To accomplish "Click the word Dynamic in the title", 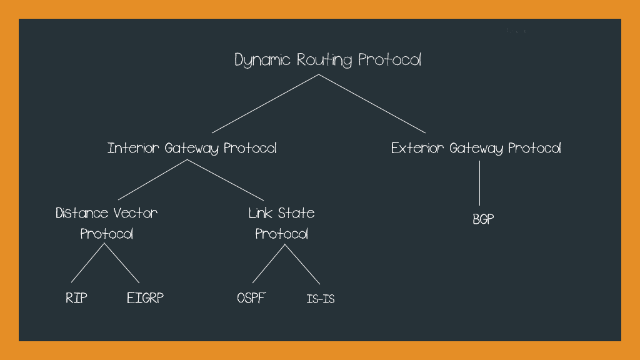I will [x=262, y=61].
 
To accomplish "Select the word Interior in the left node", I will [x=133, y=149].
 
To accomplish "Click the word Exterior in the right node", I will [x=417, y=149].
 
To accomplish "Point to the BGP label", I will [x=484, y=220].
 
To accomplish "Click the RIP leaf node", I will [x=76, y=298].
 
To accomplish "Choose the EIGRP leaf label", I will [x=145, y=298].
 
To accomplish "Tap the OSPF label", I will [x=251, y=298].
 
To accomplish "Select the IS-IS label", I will [x=321, y=299].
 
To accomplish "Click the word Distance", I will [x=82, y=213].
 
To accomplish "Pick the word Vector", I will [x=136, y=213].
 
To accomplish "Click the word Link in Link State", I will [x=261, y=213].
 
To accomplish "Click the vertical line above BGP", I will [x=479, y=183].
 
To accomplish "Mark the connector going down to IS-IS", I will [x=302, y=264].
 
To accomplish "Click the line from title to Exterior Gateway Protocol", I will [x=372, y=104].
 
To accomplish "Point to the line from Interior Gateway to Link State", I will [x=226, y=180].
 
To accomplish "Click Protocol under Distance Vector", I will [x=107, y=234].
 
